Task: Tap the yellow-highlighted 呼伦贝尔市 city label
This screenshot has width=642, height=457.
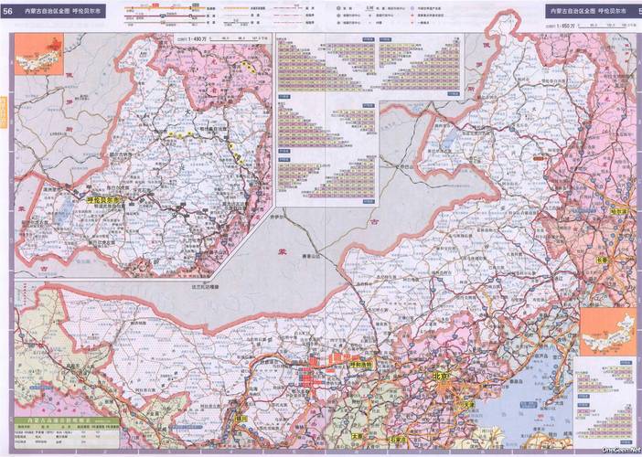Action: point(103,198)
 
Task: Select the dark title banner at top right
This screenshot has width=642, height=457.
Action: point(589,11)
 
